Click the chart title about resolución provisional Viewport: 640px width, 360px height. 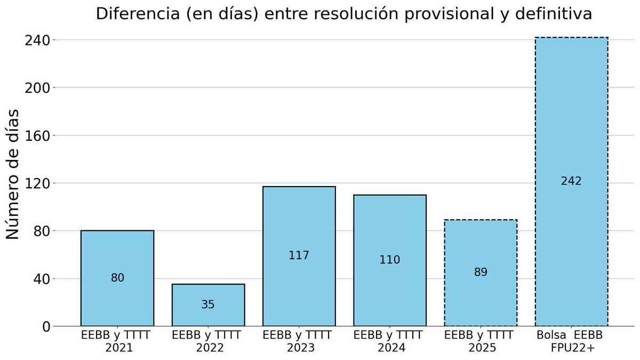tap(343, 14)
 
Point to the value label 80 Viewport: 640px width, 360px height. tap(117, 278)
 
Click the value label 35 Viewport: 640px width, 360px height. tap(208, 305)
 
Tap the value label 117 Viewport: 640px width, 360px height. tap(299, 255)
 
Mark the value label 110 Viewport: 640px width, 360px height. tap(390, 260)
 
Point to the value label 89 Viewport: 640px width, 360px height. tap(481, 273)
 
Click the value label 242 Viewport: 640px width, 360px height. tap(571, 181)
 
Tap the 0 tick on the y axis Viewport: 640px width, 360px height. tap(45, 326)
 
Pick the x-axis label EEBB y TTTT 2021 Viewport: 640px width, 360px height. tap(116, 341)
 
